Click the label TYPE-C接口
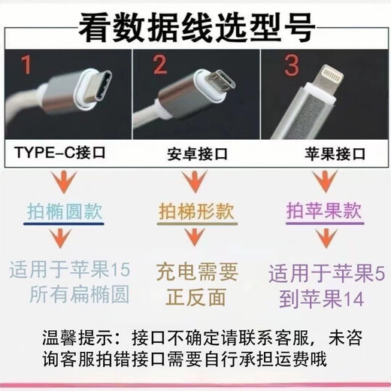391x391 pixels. pos(60,155)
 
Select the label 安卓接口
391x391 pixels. pos(196,157)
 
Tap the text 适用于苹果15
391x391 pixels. pos(71,268)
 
